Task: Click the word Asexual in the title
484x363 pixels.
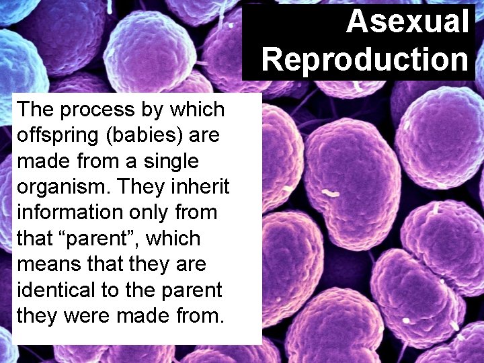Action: pos(407,22)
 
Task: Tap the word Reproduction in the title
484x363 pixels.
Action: pos(365,59)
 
